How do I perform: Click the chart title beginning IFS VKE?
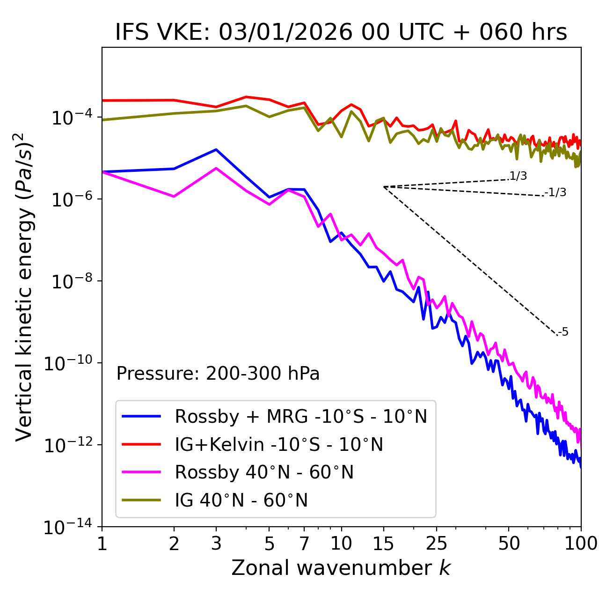point(341,32)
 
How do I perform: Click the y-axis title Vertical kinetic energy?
point(24,287)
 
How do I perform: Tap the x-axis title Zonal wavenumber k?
point(341,568)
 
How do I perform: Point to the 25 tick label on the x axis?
point(436,543)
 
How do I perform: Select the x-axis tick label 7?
point(304,543)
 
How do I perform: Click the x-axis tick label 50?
point(509,543)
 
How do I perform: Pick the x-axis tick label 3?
point(216,543)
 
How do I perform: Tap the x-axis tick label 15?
point(383,543)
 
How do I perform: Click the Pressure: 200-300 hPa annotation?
point(218,374)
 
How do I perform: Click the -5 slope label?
point(563,332)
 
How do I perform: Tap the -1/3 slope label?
point(555,192)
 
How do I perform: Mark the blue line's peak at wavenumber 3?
point(216,149)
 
